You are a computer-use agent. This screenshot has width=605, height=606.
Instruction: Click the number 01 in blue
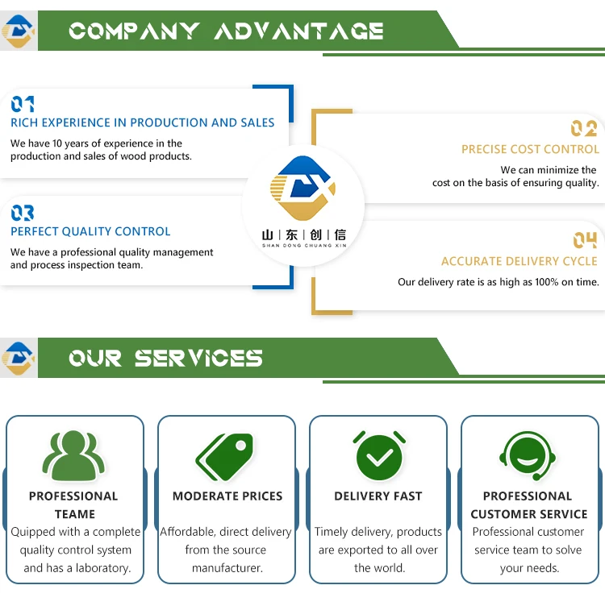click(x=23, y=104)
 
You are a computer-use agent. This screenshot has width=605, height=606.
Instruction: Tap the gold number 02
click(x=584, y=129)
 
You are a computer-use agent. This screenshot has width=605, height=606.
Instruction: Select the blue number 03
click(x=23, y=214)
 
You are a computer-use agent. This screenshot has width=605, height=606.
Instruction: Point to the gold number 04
click(x=585, y=240)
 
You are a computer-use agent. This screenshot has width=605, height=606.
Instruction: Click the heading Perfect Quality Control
click(x=90, y=231)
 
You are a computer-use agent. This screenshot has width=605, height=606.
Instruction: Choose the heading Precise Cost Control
click(x=530, y=149)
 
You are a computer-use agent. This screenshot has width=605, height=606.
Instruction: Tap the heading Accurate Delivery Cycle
click(x=519, y=261)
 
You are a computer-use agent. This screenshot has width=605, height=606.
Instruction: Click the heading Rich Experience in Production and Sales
click(x=142, y=122)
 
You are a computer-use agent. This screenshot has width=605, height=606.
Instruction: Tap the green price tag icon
click(x=225, y=457)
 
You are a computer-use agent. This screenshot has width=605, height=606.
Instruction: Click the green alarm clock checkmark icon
click(x=378, y=455)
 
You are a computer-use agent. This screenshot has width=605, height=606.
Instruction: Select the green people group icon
click(x=74, y=457)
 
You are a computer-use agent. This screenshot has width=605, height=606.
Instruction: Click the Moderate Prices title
click(x=227, y=496)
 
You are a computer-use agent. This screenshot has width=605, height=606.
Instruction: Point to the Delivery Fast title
click(x=378, y=496)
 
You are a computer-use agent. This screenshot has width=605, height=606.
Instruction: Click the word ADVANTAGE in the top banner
click(x=299, y=31)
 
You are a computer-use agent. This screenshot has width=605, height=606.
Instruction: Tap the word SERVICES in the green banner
click(x=198, y=359)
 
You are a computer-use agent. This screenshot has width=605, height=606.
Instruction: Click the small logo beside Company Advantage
click(x=19, y=31)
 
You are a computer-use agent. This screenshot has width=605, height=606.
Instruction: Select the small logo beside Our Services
click(x=19, y=358)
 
